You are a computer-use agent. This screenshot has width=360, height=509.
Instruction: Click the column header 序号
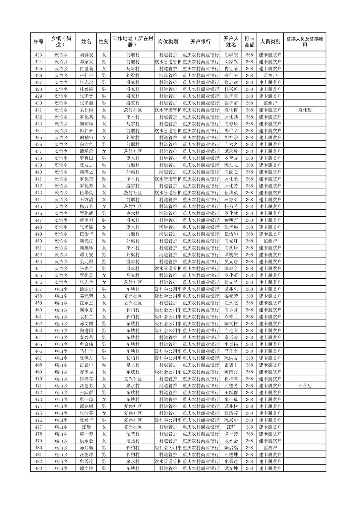click(38, 42)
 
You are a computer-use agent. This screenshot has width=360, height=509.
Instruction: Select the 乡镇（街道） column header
click(61, 42)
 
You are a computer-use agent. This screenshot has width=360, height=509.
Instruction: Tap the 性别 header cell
click(104, 42)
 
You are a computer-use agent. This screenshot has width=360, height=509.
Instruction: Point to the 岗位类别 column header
click(168, 42)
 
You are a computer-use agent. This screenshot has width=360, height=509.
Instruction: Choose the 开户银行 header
click(200, 42)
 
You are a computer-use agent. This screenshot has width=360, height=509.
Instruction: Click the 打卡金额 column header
click(249, 42)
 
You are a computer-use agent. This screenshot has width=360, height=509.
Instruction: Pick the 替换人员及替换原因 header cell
click(304, 42)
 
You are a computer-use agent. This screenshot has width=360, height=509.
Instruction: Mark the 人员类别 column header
click(270, 42)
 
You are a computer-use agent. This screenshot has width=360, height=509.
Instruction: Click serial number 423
click(38, 55)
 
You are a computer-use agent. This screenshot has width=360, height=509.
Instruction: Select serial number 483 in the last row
click(38, 468)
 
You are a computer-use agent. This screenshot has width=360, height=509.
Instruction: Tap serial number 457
click(38, 289)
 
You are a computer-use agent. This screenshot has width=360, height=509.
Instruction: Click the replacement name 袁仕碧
click(304, 110)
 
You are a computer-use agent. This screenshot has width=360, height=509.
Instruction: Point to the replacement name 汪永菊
click(304, 386)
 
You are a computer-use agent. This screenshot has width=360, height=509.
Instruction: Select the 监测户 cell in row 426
click(270, 76)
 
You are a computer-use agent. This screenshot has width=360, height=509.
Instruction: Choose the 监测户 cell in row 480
click(270, 448)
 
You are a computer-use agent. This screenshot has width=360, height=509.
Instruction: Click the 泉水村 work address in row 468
click(133, 365)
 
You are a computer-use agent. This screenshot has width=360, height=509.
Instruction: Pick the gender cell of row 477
click(104, 427)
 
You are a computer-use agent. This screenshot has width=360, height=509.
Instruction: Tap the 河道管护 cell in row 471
click(168, 386)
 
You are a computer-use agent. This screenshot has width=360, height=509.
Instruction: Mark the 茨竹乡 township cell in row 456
click(61, 282)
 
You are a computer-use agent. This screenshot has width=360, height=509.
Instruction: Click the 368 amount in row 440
click(249, 172)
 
